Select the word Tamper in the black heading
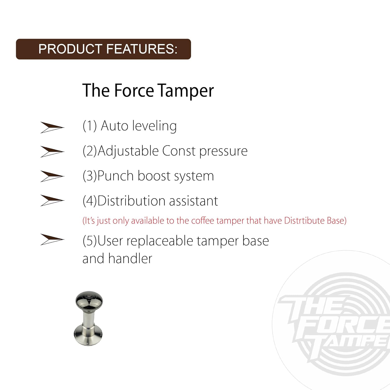click(186, 91)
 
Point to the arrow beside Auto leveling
click(52, 127)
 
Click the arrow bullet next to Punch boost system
click(52, 176)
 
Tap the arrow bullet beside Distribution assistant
click(52, 200)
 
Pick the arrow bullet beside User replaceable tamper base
click(52, 239)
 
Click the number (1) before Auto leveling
click(89, 126)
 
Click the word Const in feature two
click(179, 151)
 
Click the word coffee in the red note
click(203, 220)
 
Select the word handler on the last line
click(130, 258)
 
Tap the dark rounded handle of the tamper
click(89, 301)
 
